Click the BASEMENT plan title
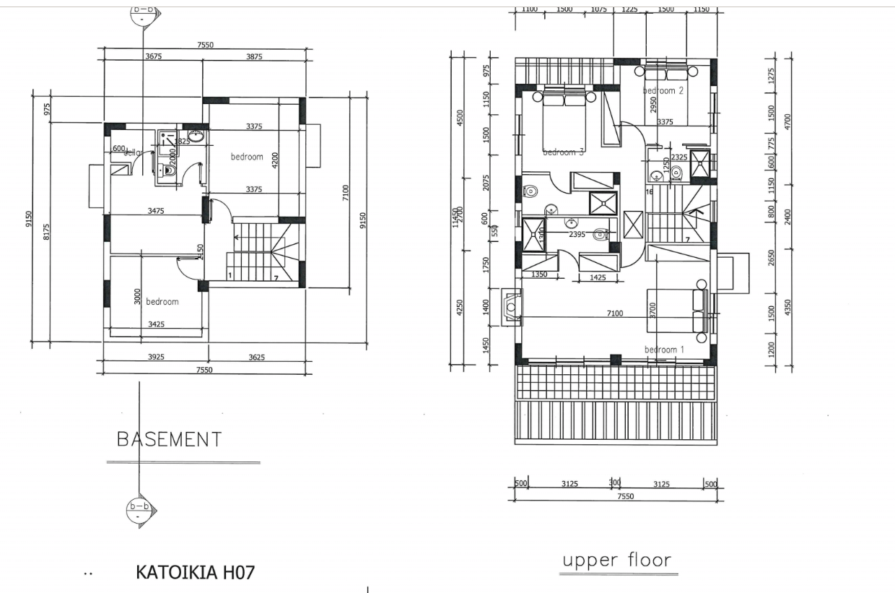[169, 438]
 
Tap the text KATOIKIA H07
[195, 573]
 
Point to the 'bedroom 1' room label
[664, 350]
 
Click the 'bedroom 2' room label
[663, 91]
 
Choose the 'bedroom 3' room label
[563, 152]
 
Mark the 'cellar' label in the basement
[134, 152]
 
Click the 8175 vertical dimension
[47, 231]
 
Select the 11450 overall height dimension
[455, 217]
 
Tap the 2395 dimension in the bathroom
[576, 235]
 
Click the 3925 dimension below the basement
[156, 357]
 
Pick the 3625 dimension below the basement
[256, 357]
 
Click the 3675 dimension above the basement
[153, 56]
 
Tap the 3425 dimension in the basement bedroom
[156, 324]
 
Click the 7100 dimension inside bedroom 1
[615, 313]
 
